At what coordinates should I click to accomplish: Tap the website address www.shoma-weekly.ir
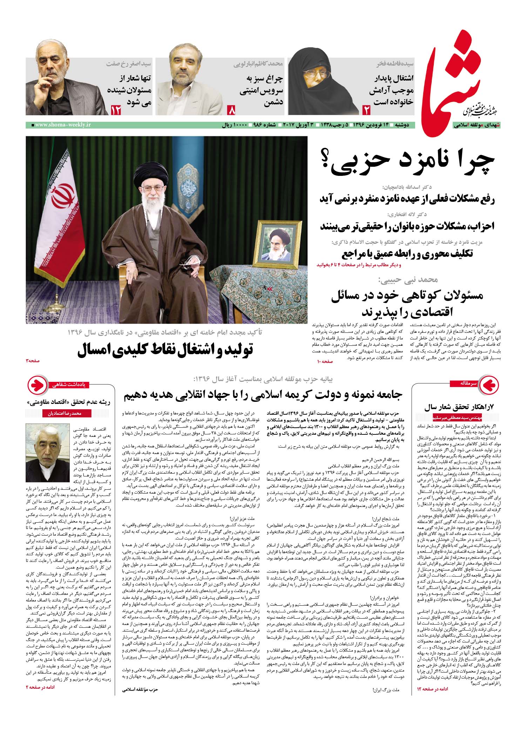pos(62,125)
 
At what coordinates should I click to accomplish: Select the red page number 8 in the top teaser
pos(232,110)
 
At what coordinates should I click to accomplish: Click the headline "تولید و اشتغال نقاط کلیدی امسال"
pos(166,351)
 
